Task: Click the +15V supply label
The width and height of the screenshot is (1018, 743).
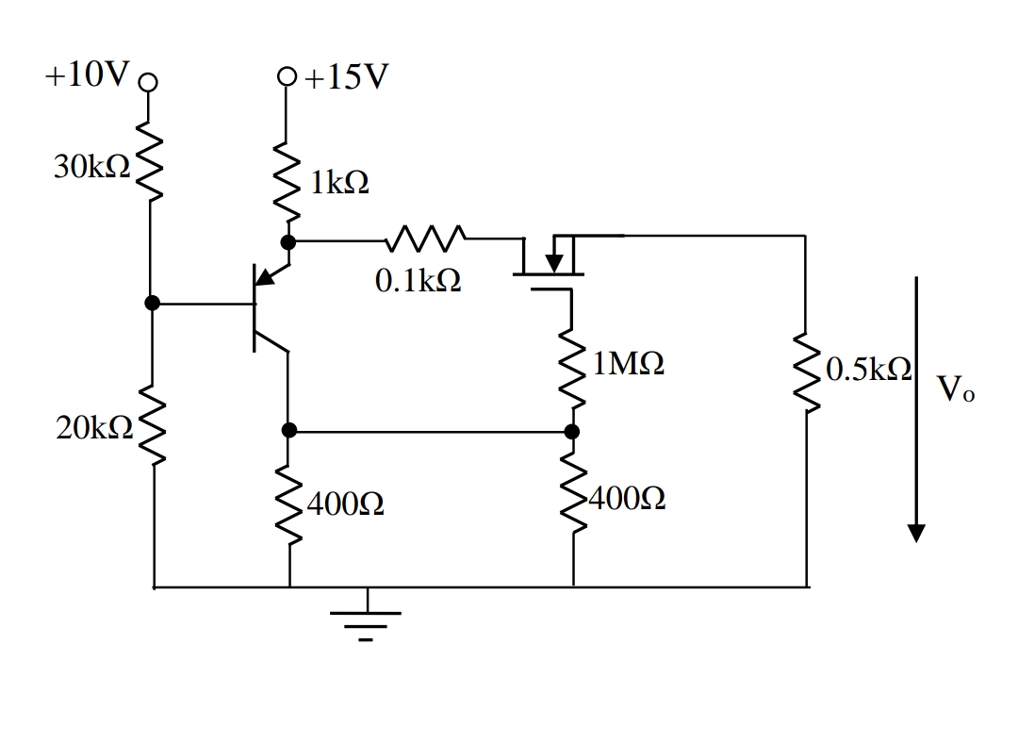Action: click(345, 77)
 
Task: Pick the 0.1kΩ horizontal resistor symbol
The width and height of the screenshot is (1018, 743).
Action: click(425, 239)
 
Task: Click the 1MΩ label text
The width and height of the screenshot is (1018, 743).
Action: click(629, 364)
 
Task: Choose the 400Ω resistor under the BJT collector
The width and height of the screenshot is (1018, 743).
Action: click(288, 506)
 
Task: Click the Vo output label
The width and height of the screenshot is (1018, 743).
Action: click(956, 388)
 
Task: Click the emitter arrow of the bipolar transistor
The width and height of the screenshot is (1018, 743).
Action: click(268, 274)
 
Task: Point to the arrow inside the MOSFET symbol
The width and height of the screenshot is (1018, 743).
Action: click(554, 257)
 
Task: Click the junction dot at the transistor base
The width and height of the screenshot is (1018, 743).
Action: click(150, 304)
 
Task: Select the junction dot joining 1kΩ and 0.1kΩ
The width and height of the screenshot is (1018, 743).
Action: click(288, 242)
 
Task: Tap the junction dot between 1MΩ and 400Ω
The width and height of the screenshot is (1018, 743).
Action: click(571, 432)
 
